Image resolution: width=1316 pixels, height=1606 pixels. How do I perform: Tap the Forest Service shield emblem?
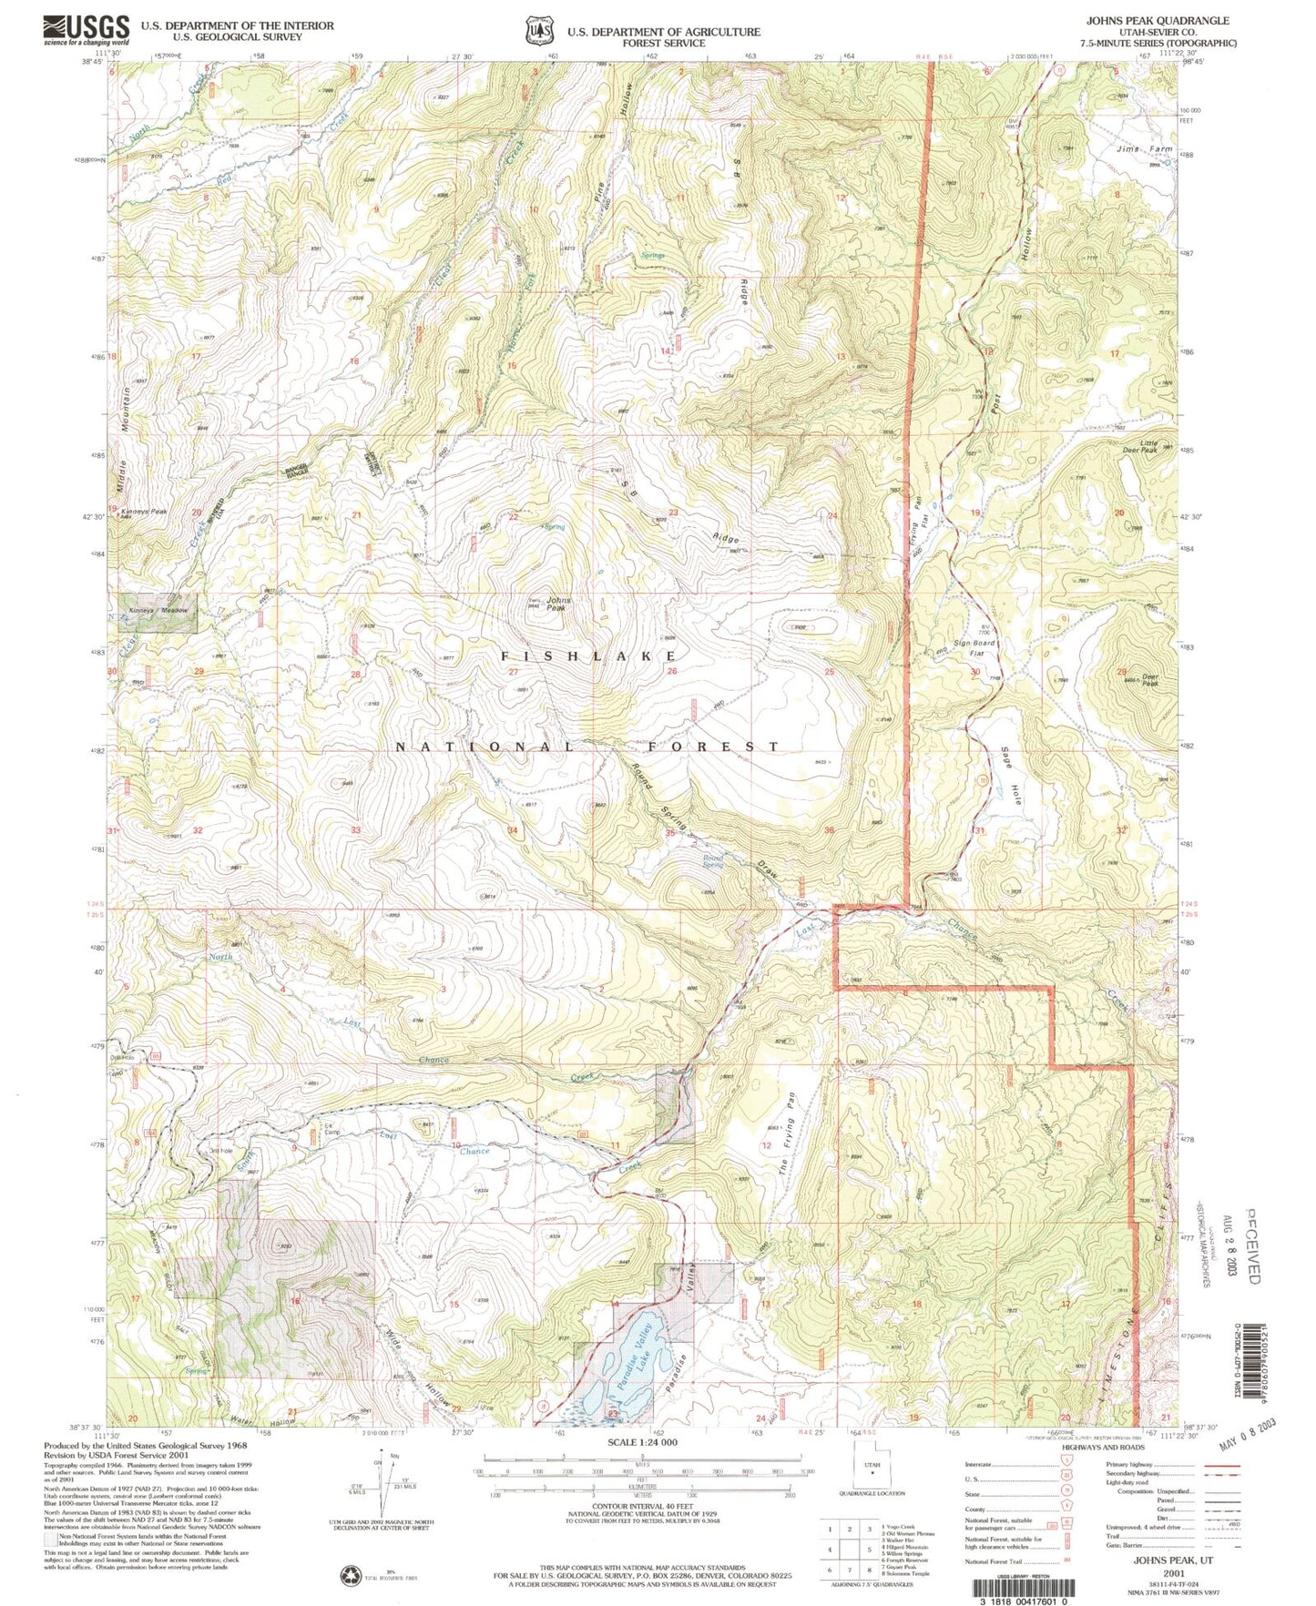pyautogui.click(x=540, y=31)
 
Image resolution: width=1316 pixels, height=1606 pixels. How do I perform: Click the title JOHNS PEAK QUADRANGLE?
pyautogui.click(x=1157, y=20)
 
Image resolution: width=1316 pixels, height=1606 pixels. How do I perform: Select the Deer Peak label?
pyautogui.click(x=1149, y=679)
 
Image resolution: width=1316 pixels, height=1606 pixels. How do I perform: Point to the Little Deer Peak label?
pyautogui.click(x=1146, y=446)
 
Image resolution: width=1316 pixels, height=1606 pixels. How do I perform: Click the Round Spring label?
pyautogui.click(x=712, y=860)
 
